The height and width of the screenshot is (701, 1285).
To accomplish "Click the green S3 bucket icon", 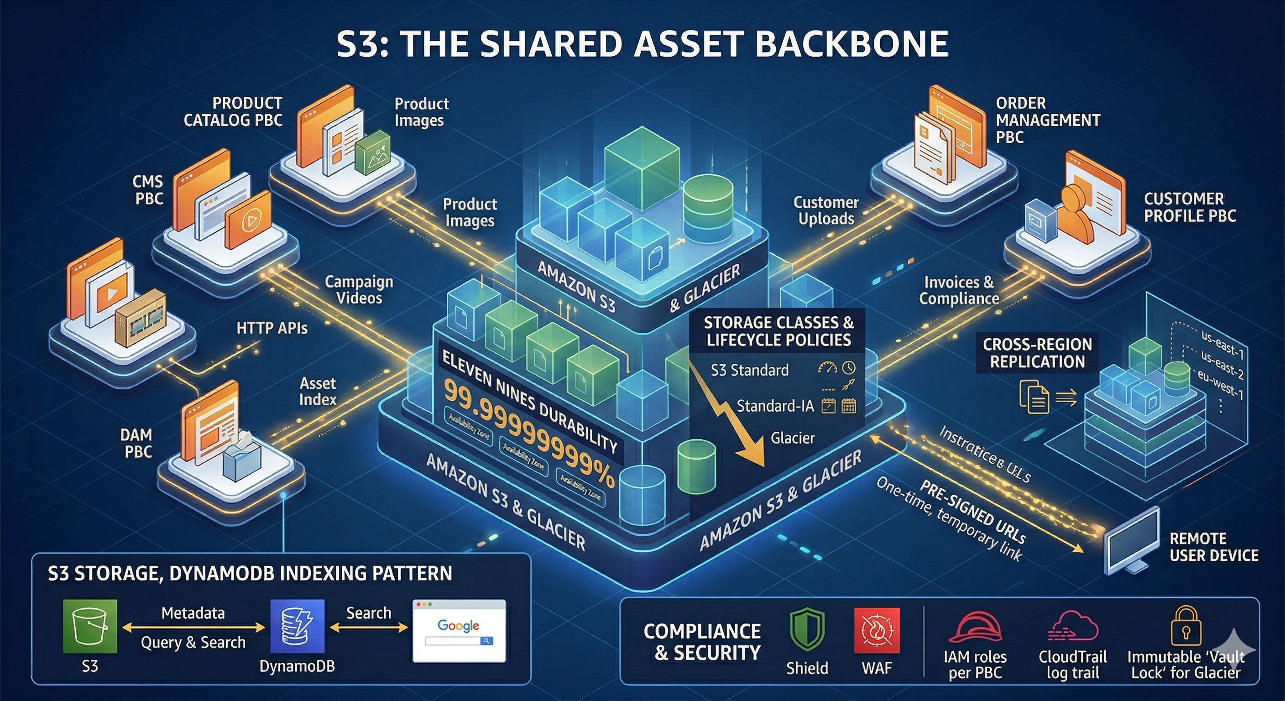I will coord(90,627).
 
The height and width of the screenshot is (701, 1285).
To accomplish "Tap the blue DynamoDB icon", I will coord(298,627).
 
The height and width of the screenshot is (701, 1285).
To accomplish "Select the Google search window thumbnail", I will coord(459,631).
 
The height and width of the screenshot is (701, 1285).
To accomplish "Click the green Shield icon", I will coord(807,630).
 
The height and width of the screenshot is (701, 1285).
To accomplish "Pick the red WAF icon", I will coord(877,630).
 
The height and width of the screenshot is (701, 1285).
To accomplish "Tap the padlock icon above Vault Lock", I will coord(1186,626).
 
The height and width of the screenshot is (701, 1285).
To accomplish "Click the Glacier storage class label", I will coord(792,438).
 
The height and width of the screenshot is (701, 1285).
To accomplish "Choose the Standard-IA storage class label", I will coord(775,406).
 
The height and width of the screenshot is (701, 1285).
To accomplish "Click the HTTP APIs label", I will coord(272,328).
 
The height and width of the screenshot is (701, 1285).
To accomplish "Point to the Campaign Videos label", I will coord(359,290).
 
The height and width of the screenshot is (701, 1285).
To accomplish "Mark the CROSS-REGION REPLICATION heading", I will coord(1037,353).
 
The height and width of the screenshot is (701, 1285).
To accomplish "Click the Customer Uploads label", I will coord(826,210).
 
